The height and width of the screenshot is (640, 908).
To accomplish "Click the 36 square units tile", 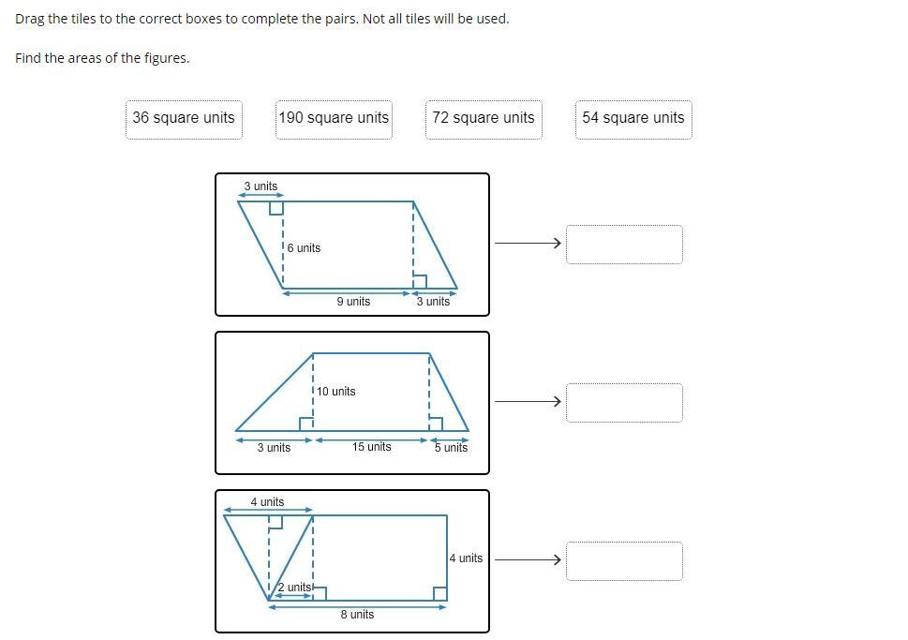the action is tap(184, 120).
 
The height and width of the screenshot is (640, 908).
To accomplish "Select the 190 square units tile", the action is tap(334, 120).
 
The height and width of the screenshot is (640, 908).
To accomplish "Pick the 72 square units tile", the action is tap(484, 120).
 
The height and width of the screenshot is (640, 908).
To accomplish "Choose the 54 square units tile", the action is tap(633, 120).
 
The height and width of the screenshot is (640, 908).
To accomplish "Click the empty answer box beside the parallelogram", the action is tap(624, 245).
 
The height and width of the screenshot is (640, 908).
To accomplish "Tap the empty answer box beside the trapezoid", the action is tap(624, 403).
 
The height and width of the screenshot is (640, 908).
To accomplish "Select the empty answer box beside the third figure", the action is tap(624, 561).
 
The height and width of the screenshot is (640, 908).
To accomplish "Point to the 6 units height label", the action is tap(304, 248).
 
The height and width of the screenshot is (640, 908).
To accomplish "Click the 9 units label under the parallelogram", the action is tap(353, 301).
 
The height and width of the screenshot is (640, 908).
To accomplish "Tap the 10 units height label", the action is tap(335, 392).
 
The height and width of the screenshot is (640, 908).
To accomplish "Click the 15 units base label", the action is tap(372, 447).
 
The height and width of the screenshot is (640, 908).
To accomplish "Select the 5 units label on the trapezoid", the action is tap(451, 447).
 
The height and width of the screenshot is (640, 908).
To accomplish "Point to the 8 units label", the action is tap(357, 614).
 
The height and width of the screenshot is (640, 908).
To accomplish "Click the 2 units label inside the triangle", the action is tap(294, 588).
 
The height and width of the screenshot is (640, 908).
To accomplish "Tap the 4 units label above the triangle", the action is tap(268, 501).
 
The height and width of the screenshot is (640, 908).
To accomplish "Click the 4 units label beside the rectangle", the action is tap(466, 558).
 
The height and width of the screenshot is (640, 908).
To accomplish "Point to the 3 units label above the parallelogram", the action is tap(260, 186).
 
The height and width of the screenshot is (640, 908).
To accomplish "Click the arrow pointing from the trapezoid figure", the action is tap(528, 401).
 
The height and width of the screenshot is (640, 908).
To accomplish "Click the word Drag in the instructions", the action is tap(30, 19).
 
